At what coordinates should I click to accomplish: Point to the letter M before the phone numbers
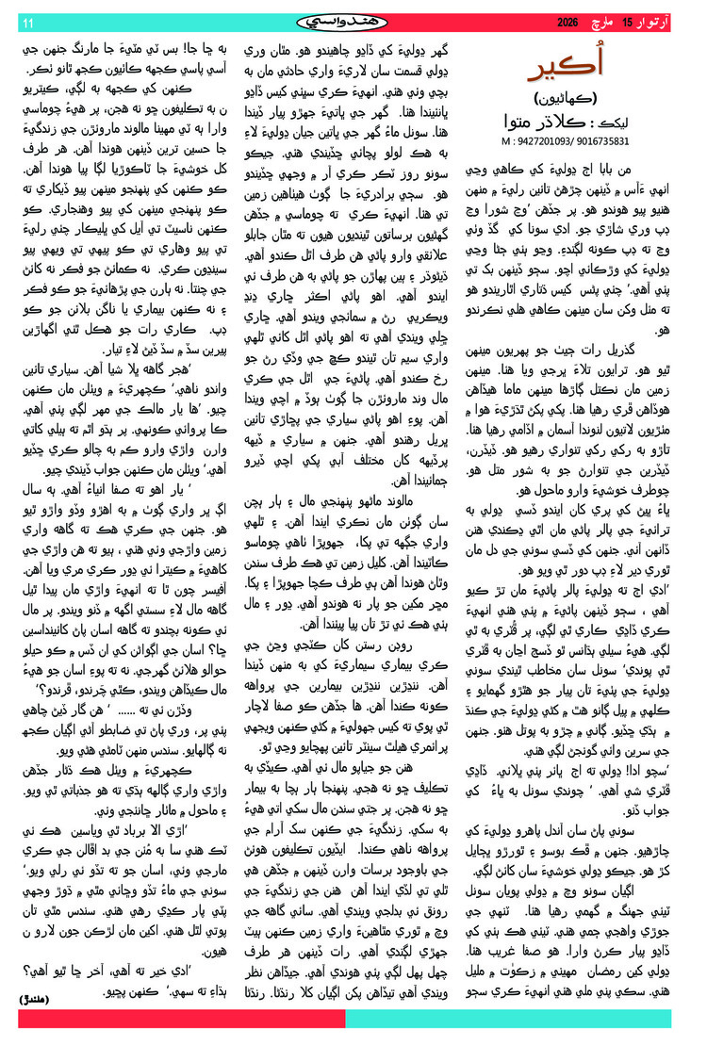click(x=507, y=139)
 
